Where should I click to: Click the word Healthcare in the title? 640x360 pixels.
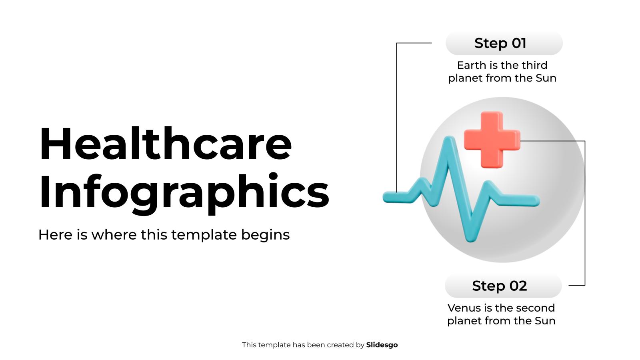tap(165, 144)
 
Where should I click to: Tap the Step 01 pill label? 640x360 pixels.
tap(504, 43)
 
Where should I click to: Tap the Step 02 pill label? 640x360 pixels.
tap(503, 286)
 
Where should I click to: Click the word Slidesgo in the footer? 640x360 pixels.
tap(382, 345)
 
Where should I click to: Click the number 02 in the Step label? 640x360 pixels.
tap(518, 286)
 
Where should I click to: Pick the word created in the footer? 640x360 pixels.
tap(340, 345)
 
